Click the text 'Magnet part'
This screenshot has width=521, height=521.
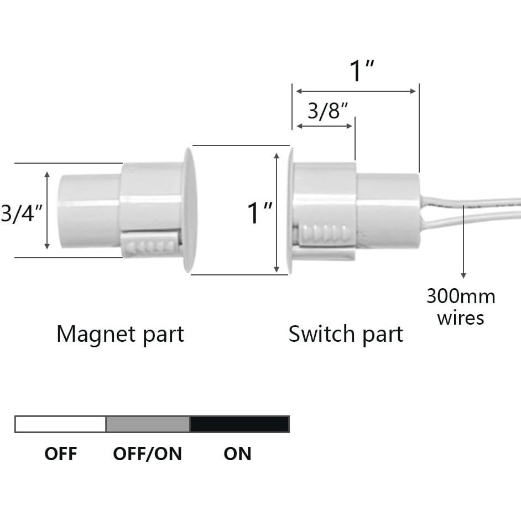[120, 334]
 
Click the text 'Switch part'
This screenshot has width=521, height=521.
[346, 334]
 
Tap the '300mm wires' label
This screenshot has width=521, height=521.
[461, 307]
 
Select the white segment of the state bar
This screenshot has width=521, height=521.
[60, 424]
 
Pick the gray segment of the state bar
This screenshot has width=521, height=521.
[148, 424]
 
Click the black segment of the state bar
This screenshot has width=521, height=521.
[239, 424]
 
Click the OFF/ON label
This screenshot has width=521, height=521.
[147, 454]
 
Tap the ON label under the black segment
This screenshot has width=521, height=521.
[237, 454]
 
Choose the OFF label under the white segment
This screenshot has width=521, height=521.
[60, 454]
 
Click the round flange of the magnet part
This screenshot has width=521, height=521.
[189, 210]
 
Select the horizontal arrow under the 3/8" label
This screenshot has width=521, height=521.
[325, 126]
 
